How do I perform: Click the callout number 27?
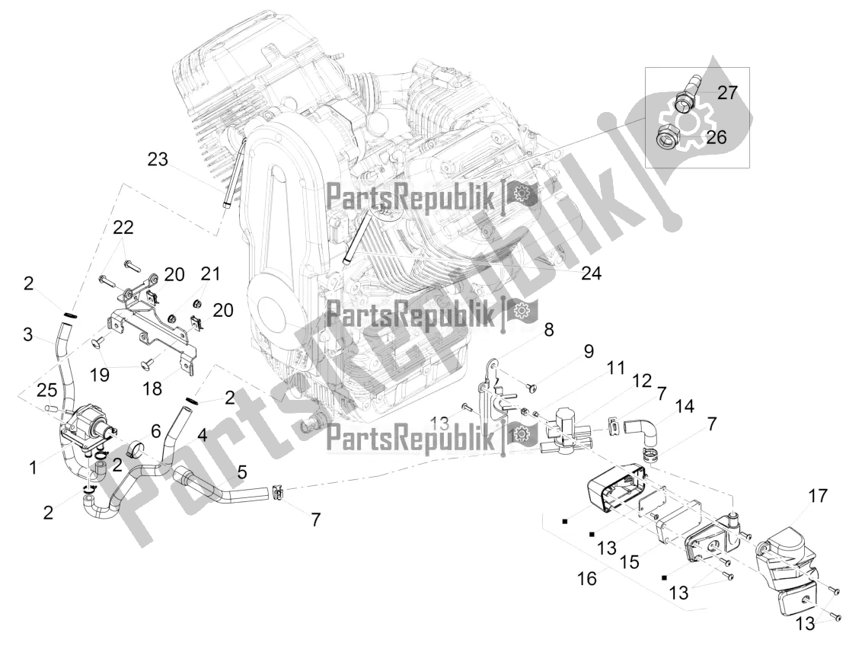[x=727, y=94]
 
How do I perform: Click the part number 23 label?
[x=158, y=160]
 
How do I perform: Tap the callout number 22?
[x=123, y=227]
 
